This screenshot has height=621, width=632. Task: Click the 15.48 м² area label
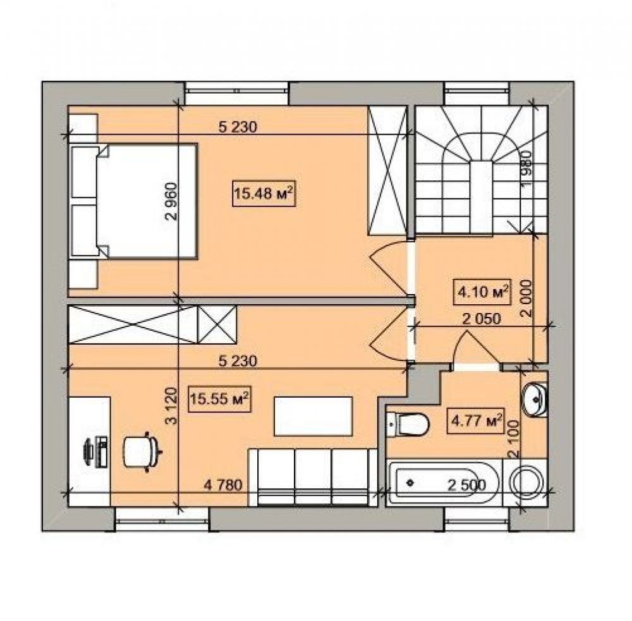tap(264, 194)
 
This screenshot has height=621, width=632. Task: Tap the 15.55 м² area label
tap(220, 399)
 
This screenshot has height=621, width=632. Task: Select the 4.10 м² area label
tap(482, 292)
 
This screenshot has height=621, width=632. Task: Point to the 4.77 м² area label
tap(477, 421)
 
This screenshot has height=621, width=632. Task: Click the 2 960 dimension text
tap(171, 201)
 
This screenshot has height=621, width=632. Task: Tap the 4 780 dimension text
tap(223, 484)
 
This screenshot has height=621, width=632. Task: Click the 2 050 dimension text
tap(481, 319)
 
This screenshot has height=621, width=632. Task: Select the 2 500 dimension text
tap(467, 484)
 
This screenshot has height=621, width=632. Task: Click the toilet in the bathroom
tap(408, 424)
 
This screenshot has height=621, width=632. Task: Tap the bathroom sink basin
tap(535, 399)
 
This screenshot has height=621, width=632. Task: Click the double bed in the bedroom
tap(133, 201)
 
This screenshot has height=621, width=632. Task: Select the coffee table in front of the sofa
tap(313, 416)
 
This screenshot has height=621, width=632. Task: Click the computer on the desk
tap(95, 452)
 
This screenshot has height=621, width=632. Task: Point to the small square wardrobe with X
tap(217, 324)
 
